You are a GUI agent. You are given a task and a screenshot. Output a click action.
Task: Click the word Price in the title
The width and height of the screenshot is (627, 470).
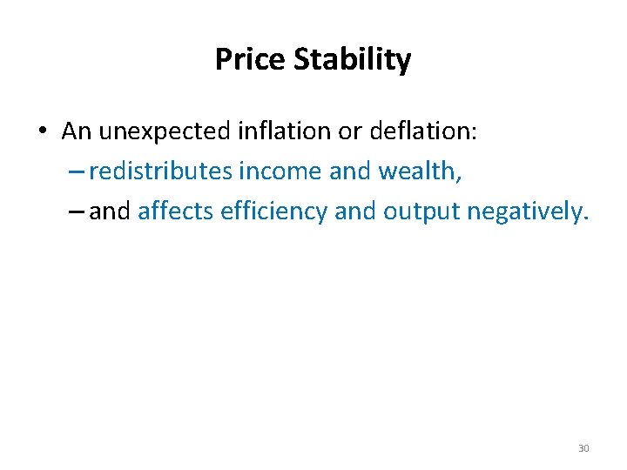(250, 60)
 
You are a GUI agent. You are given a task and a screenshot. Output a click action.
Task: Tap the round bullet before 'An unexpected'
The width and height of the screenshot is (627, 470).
(41, 132)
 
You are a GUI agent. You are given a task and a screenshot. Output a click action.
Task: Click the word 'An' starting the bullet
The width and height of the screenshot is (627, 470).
(77, 131)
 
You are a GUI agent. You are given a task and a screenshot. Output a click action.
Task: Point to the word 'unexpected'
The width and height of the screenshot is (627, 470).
(164, 132)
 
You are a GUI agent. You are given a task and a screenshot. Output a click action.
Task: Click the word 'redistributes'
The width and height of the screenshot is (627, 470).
(161, 171)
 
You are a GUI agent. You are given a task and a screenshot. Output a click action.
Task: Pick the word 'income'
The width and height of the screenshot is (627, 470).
(280, 171)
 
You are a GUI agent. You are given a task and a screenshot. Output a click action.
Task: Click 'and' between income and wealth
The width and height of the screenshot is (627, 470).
(350, 171)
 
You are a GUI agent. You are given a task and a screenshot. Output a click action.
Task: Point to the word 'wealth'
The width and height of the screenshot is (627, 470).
(418, 171)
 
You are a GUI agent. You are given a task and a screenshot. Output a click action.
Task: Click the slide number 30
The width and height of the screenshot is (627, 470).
(583, 448)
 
